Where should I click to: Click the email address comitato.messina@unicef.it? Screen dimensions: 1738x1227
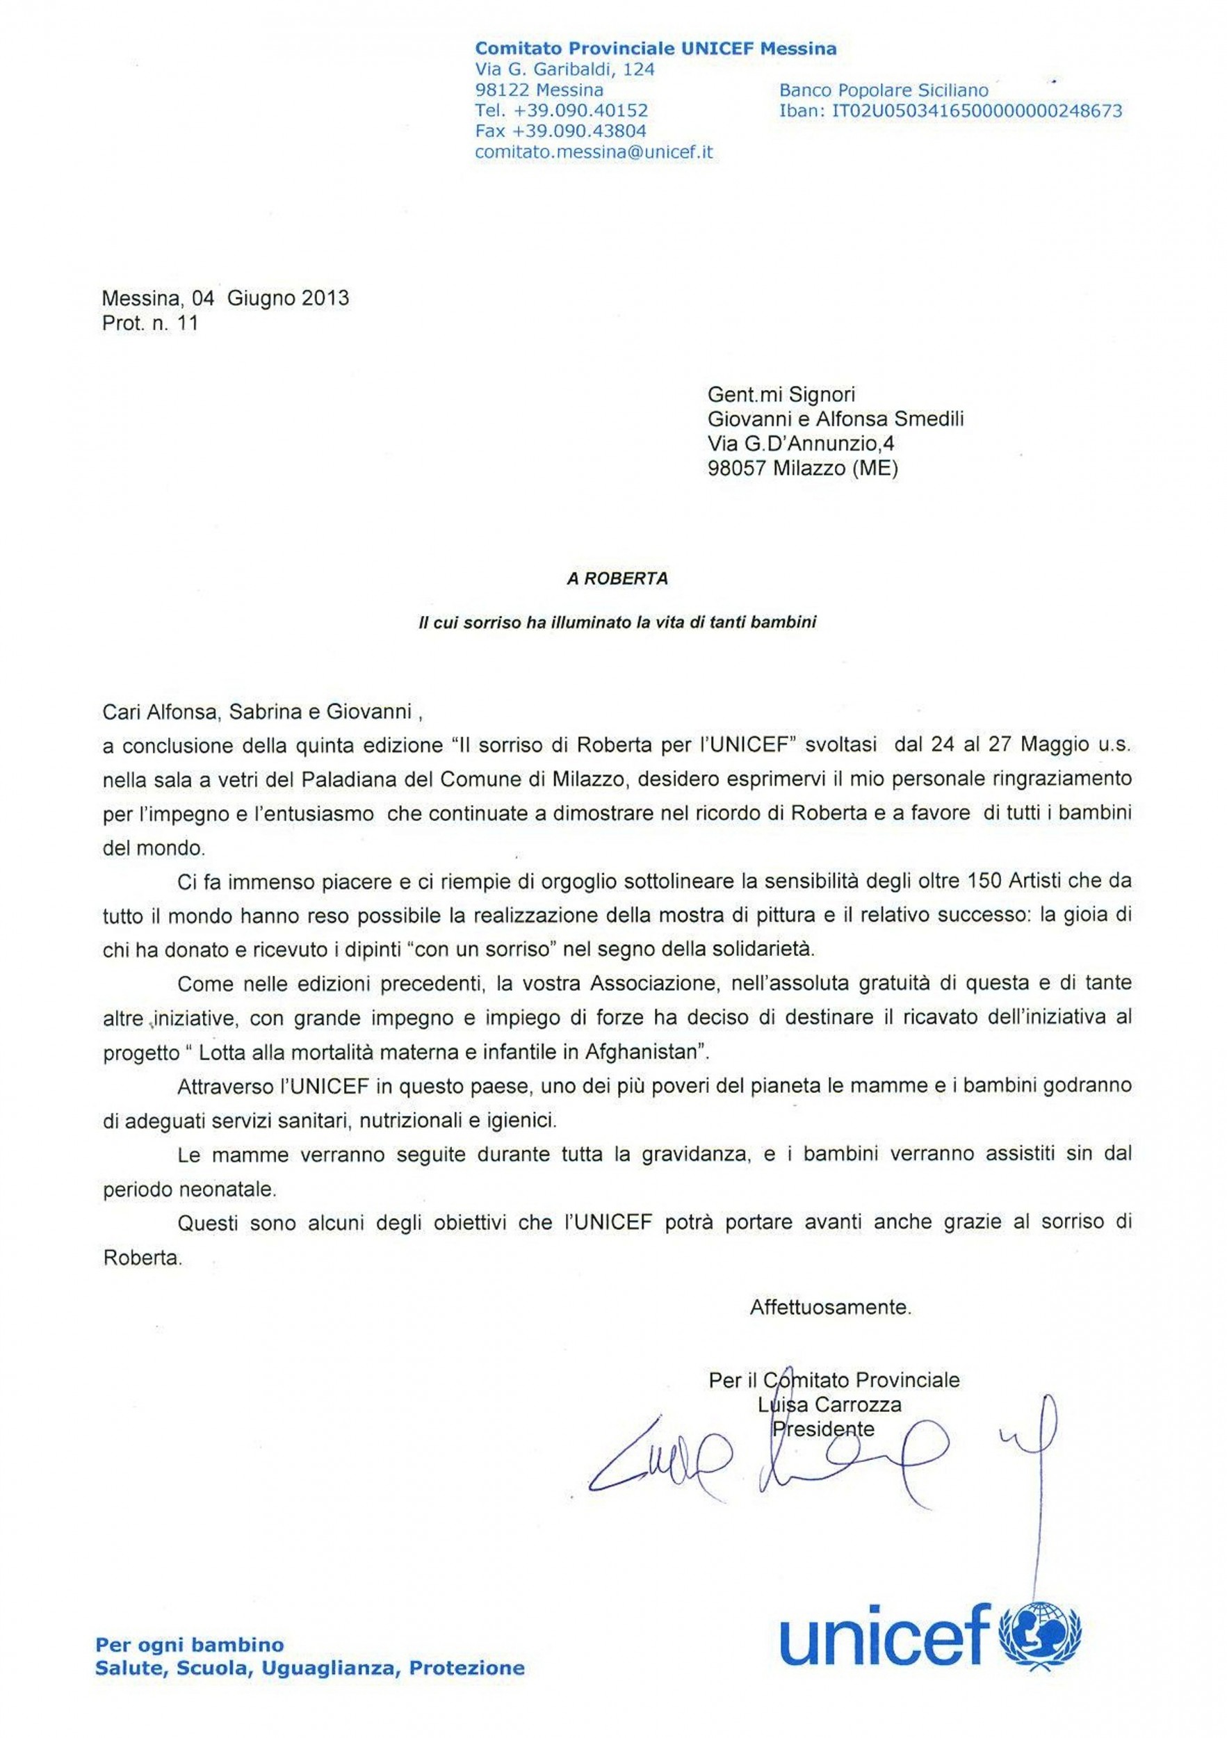click(594, 152)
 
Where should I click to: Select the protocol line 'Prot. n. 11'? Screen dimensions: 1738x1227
click(150, 323)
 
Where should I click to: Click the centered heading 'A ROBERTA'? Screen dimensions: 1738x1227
click(617, 579)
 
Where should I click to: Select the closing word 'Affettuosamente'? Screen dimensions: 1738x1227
click(829, 1307)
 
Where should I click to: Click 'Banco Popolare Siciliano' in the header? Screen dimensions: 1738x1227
click(884, 90)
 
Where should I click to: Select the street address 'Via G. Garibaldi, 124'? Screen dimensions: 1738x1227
click(564, 70)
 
